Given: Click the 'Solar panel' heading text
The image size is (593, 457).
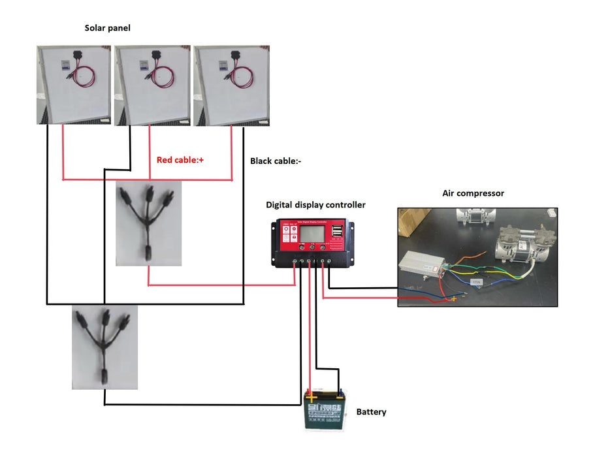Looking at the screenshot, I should (108, 28).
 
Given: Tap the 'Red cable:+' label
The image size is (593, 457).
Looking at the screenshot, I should (180, 159).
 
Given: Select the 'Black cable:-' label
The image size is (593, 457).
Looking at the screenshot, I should (276, 161).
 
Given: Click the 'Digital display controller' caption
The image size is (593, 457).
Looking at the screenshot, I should (315, 205).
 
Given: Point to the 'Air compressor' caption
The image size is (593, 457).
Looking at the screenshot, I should (473, 193).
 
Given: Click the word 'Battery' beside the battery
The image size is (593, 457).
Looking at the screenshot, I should (371, 412).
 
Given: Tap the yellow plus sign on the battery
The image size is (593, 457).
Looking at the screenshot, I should (312, 396).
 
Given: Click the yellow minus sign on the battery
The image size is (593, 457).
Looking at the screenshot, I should (340, 395).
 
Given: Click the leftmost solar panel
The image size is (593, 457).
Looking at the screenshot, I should (73, 85).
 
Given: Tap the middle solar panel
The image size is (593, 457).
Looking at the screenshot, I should (152, 85).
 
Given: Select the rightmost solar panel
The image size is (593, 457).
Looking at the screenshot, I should (231, 85).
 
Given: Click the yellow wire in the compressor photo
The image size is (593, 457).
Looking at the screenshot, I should (496, 274).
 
